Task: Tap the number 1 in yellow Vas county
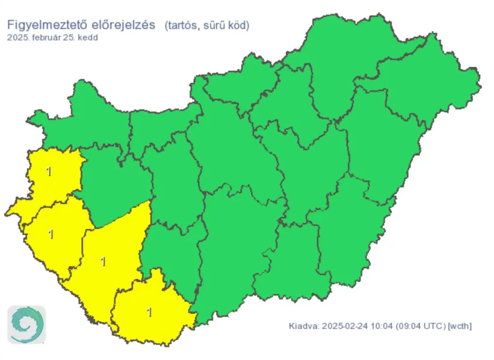48,172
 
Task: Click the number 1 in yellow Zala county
50,234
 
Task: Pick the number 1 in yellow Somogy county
103,262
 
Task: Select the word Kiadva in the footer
303,326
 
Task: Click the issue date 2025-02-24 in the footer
341,326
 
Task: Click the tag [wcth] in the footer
460,326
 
